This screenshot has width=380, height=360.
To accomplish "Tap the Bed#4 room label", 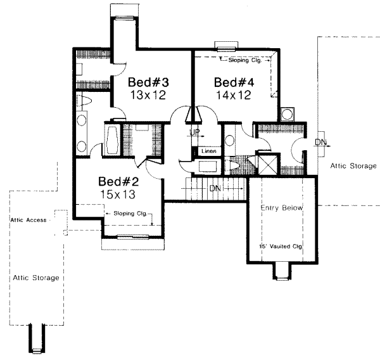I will (x=234, y=83).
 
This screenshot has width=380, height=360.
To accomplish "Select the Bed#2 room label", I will (x=118, y=179).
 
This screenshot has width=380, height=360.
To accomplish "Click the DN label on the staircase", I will (x=215, y=189).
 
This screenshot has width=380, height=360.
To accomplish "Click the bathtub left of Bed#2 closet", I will (x=111, y=139).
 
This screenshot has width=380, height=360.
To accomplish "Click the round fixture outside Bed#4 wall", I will (x=288, y=115).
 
